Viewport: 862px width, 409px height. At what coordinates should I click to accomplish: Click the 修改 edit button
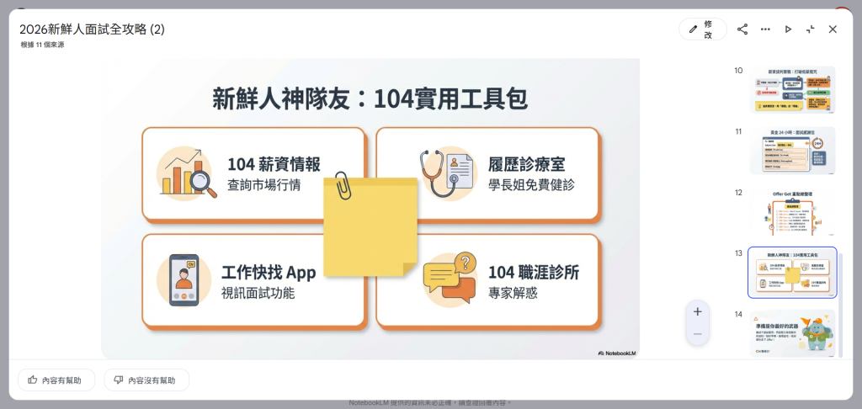(x=703, y=29)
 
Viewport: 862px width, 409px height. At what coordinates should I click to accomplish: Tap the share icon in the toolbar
(x=742, y=29)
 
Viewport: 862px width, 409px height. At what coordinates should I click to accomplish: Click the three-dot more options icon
(x=765, y=29)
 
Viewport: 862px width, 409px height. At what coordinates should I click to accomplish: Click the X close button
(x=833, y=29)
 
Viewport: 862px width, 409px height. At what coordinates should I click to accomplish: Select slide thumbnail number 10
(x=792, y=90)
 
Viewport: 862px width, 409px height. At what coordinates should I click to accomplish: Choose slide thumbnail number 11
(x=792, y=151)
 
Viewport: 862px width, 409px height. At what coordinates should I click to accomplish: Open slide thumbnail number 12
(x=792, y=212)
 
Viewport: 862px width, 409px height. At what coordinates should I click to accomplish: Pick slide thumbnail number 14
(x=792, y=333)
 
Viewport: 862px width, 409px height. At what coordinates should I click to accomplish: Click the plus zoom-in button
(x=697, y=311)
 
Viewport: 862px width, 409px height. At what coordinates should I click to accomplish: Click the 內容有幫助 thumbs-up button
(x=56, y=380)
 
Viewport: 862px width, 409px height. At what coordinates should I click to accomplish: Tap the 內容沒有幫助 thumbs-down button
(x=146, y=380)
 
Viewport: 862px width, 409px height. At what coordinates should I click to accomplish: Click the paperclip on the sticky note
(x=343, y=186)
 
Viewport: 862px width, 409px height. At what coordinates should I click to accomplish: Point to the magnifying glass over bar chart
(x=203, y=181)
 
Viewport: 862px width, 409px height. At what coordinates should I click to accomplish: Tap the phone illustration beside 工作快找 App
(x=184, y=279)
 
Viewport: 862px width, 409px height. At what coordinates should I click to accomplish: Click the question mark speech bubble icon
(x=464, y=262)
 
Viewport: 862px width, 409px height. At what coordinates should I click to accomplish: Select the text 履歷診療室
(x=528, y=164)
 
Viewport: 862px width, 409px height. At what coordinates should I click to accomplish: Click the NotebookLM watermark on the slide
(x=617, y=353)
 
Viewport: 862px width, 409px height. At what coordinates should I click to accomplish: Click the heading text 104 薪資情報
(x=274, y=164)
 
